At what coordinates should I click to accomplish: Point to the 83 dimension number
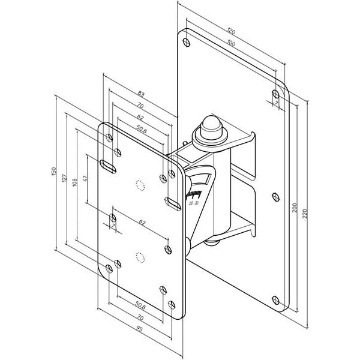pos(140,94)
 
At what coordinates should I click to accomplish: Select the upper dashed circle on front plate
pos(141,185)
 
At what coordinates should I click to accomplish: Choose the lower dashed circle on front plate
pos(140,257)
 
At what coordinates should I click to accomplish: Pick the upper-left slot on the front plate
pos(109,166)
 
